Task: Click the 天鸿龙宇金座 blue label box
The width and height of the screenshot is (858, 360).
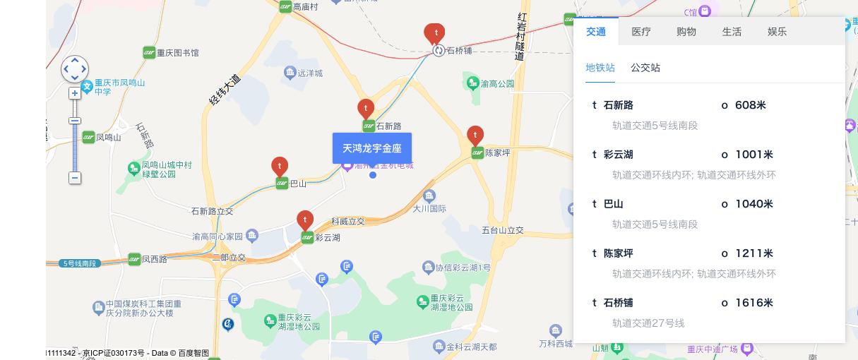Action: pos(372,148)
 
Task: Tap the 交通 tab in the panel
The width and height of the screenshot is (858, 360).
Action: pos(595,32)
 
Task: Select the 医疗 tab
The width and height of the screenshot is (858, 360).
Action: pos(641,32)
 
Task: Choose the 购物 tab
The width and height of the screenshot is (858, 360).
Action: pos(686,32)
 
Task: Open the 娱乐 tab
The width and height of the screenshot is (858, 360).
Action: pos(777,32)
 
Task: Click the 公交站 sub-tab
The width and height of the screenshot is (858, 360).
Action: pos(645,68)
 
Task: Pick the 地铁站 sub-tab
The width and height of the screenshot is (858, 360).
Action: pos(600,68)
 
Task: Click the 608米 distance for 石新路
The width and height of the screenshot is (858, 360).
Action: pos(750,105)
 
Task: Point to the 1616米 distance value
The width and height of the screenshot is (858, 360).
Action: pos(754,303)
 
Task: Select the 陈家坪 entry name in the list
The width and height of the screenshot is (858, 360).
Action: pos(619,253)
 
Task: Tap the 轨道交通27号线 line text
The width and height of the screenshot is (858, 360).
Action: pos(648,323)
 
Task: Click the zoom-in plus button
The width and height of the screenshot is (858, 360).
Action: pos(74,93)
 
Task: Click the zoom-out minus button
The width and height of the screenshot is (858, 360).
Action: pos(74,178)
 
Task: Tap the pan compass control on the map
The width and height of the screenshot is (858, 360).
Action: pos(75,69)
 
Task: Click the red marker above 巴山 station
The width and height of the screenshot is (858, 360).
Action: pos(280,166)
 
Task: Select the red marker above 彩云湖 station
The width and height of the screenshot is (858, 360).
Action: pos(305,220)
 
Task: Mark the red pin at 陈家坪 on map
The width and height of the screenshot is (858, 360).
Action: pos(475,135)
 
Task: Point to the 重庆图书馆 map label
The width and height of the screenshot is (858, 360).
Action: pos(177,53)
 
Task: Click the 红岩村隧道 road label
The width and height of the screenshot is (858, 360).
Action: pos(521,36)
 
